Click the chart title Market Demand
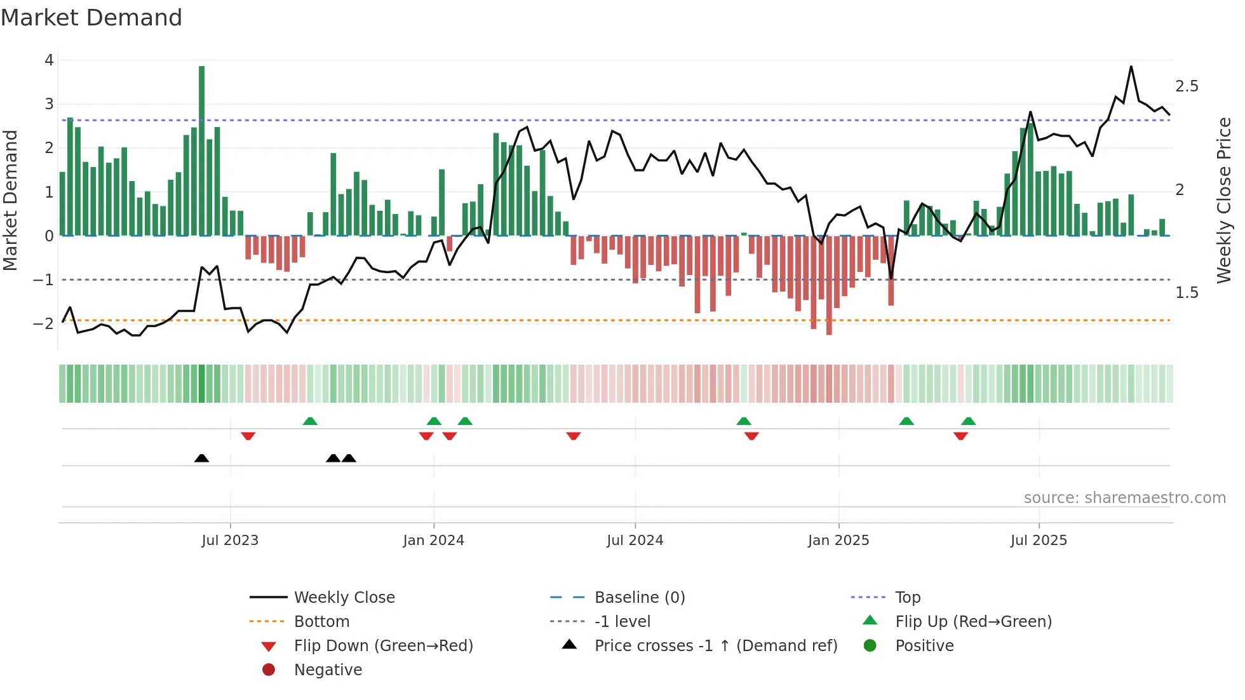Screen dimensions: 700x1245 click(91, 18)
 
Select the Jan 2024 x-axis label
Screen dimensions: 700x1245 click(433, 541)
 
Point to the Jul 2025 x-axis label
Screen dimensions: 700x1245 click(1039, 541)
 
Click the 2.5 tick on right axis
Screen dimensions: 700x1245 click(1187, 86)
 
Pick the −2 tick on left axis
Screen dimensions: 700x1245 click(43, 323)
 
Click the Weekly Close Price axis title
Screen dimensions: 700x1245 click(1223, 200)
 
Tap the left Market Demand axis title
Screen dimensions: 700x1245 click(10, 200)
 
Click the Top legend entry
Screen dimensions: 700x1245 click(908, 598)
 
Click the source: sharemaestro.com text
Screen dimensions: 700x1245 click(1124, 498)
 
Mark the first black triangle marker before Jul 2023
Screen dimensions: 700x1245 click(201, 458)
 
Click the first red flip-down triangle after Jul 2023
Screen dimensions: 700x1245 click(248, 436)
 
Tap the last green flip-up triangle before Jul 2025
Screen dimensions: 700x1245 click(968, 421)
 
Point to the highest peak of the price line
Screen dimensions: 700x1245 click(1131, 67)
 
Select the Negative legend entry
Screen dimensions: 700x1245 click(328, 670)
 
